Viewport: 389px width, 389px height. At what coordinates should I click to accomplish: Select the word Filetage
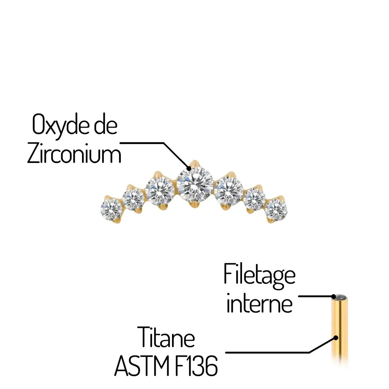point(259,275)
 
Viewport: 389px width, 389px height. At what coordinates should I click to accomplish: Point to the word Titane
point(166,338)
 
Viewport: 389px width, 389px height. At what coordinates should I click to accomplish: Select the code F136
point(199,366)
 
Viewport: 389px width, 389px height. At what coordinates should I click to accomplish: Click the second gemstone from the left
point(133,199)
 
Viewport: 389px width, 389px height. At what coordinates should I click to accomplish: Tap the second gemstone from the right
point(255,198)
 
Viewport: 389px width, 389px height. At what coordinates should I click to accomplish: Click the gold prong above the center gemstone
point(194,163)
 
